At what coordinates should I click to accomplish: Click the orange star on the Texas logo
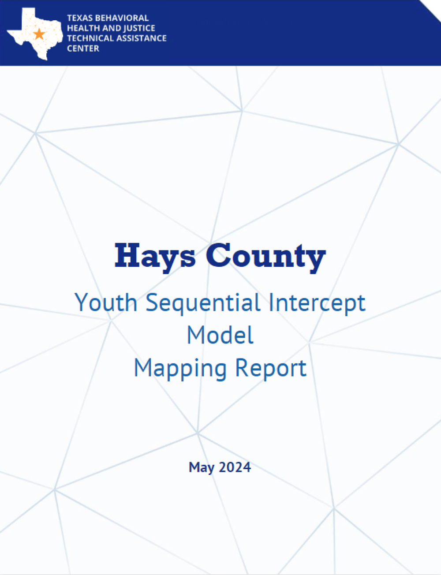tap(39, 34)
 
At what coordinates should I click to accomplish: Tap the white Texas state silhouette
tap(35, 34)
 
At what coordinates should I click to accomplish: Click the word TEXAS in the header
tap(80, 18)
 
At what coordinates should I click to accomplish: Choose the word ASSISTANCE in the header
tap(142, 38)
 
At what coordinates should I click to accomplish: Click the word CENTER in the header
tap(83, 49)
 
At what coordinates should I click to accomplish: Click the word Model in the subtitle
tap(220, 335)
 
